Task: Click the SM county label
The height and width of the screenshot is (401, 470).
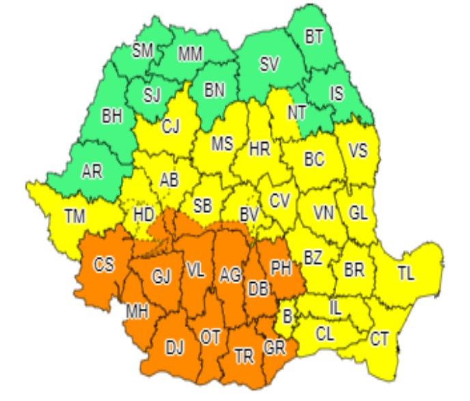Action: click(143, 50)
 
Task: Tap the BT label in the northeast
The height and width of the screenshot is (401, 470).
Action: click(314, 38)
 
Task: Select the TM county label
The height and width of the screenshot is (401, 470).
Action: click(75, 217)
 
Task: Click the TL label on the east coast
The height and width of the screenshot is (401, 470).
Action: click(406, 274)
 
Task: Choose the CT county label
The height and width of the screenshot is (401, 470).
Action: click(380, 337)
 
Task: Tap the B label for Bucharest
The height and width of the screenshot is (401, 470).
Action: click(288, 316)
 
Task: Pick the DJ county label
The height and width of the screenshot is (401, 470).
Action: click(175, 348)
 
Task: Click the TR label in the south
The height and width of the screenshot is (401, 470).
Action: click(243, 357)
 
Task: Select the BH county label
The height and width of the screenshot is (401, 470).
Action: click(111, 117)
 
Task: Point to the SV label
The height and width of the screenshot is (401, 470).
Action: click(269, 66)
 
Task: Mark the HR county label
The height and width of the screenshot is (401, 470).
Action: click(260, 148)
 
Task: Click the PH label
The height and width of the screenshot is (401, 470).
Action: click(281, 268)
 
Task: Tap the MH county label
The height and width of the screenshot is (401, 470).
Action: click(137, 312)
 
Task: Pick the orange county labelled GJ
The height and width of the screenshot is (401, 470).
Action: click(161, 277)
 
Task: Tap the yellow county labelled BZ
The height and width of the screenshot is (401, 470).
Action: click(313, 258)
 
